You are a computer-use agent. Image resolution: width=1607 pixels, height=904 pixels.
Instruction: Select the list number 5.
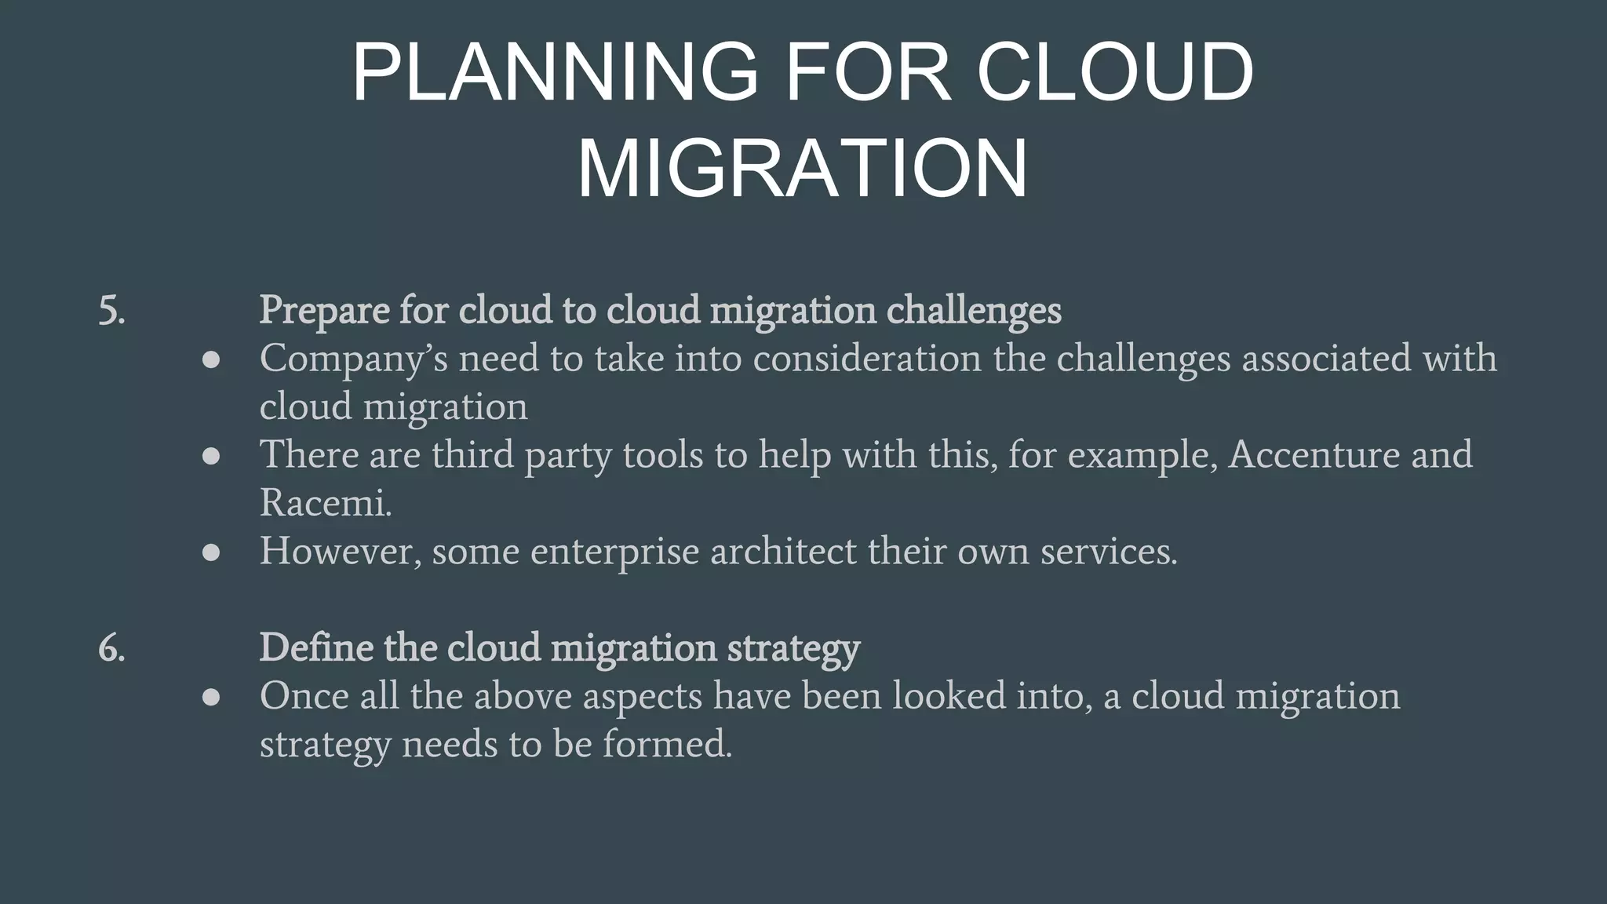111,311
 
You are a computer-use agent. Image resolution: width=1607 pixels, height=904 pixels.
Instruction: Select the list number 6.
111,649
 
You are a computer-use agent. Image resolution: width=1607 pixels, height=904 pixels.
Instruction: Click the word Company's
353,359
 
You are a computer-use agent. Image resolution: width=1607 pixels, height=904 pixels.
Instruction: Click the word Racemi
325,503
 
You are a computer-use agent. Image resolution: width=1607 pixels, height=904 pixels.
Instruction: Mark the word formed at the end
667,744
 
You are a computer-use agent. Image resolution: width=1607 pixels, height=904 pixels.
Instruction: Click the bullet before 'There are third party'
211,456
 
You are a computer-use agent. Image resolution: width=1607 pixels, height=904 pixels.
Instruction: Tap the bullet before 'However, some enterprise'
211,552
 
